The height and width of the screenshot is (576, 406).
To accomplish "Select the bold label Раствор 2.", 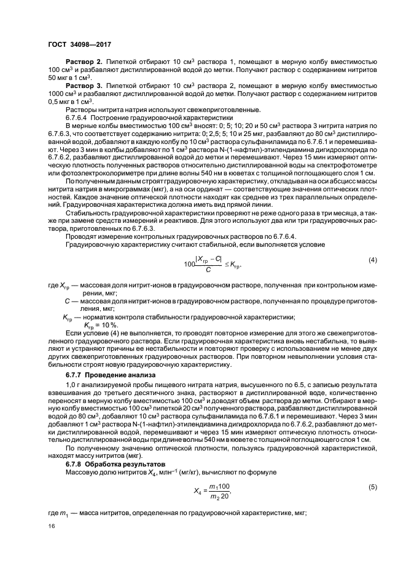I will point(84,63).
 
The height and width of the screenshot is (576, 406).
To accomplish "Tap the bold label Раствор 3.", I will point(84,87).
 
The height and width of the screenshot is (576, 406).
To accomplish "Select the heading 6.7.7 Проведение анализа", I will point(103,375).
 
